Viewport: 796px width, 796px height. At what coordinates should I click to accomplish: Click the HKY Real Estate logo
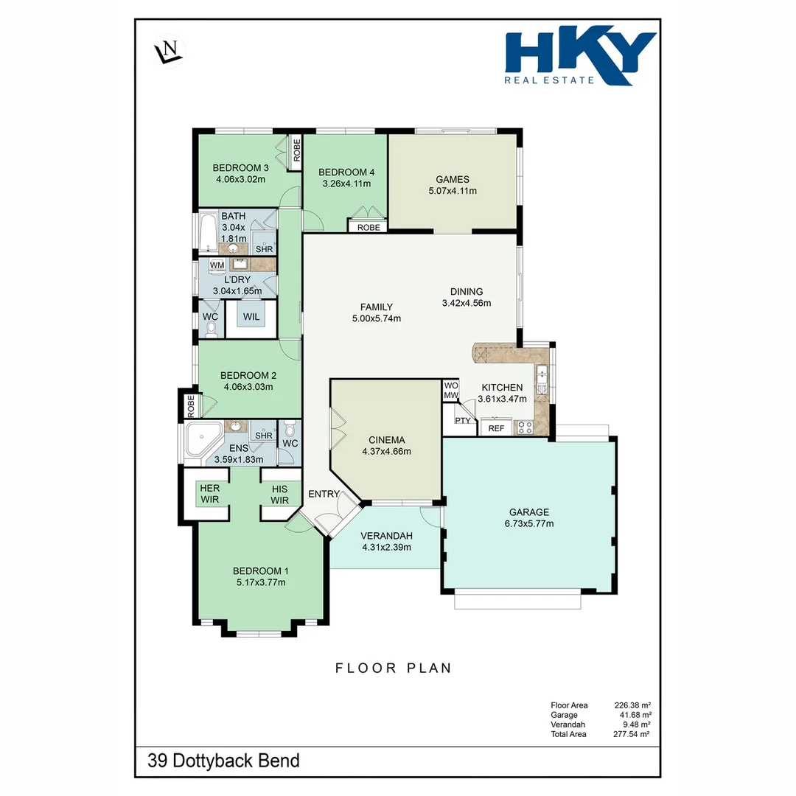coord(579,58)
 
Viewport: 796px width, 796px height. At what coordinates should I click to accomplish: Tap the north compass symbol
coord(169,52)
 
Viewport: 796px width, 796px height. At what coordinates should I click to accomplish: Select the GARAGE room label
coord(528,512)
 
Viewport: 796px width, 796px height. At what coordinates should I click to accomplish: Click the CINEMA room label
coord(386,440)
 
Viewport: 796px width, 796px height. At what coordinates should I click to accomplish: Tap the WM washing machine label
coord(217,265)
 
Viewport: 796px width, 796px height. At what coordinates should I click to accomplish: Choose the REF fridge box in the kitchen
coord(496,428)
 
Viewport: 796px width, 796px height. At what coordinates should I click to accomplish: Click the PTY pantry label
coord(462,421)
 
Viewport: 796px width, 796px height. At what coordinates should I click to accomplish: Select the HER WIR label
coord(210,495)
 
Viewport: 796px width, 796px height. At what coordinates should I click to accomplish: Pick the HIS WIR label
coord(279,495)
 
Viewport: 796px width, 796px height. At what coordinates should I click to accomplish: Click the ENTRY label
coord(324,494)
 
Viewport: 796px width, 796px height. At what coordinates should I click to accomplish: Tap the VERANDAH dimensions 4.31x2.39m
coord(386,547)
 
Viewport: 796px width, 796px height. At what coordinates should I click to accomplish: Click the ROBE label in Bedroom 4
coord(369,228)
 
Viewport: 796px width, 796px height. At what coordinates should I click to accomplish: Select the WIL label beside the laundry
coord(251,317)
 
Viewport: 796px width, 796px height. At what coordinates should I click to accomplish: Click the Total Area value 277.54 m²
coord(632,734)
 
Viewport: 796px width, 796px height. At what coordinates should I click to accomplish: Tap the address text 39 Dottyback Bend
coord(223,761)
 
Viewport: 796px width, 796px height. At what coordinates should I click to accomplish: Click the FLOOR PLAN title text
coord(393,668)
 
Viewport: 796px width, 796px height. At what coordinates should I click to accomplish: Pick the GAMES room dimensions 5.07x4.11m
coord(452,191)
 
